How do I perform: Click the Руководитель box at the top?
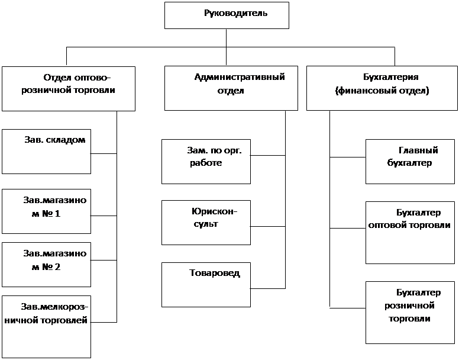(227, 15)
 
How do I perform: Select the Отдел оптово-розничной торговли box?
(69, 89)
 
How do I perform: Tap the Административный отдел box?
(231, 88)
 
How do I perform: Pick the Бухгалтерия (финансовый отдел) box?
(382, 88)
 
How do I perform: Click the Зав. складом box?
(46, 152)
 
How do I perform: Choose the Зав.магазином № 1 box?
(46, 211)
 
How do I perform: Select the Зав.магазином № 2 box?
(46, 265)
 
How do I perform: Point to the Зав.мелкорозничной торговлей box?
(46, 327)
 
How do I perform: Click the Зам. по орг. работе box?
(206, 162)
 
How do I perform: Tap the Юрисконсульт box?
(206, 223)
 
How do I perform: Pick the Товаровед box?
(206, 285)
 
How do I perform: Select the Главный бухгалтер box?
(410, 162)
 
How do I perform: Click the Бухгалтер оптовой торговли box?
(410, 233)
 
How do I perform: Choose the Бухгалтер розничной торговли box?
(410, 313)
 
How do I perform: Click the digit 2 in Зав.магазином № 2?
(57, 267)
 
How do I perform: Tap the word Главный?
(418, 150)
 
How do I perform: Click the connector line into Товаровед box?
(268, 288)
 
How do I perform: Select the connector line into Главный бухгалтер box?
(348, 157)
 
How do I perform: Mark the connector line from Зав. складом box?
(104, 153)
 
